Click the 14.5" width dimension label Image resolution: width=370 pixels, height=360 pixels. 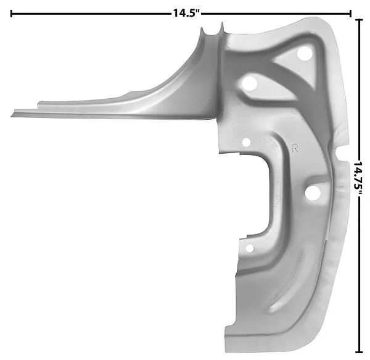186,13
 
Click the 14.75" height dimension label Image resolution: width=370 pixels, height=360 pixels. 358,179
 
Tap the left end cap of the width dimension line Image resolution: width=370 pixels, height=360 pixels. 11,14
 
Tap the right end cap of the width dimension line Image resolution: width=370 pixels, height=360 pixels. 350,14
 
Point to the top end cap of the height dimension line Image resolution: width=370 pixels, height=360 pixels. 359,20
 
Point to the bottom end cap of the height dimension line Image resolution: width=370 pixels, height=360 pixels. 359,352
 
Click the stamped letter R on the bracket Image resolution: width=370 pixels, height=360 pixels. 295,148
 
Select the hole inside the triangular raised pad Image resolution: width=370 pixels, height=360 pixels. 304,53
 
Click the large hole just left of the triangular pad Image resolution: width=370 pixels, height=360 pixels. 249,83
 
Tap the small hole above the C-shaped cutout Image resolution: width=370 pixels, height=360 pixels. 246,143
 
